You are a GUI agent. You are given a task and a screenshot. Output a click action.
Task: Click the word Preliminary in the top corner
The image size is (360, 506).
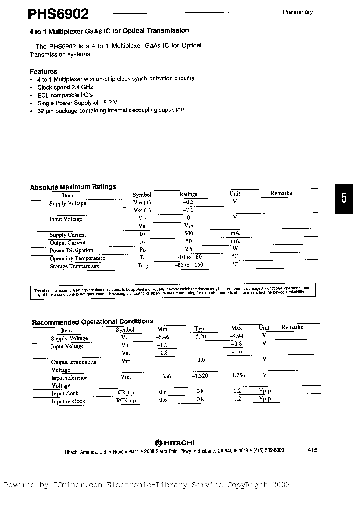pyautogui.click(x=298, y=12)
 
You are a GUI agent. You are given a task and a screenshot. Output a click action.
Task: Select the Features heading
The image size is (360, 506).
pyautogui.click(x=43, y=71)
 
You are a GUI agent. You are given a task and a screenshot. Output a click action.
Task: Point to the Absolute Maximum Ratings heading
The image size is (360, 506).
pyautogui.click(x=73, y=187)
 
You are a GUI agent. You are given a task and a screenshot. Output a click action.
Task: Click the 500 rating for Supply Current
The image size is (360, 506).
pyautogui.click(x=189, y=234)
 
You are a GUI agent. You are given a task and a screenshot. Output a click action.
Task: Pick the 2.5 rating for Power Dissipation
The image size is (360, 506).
pyautogui.click(x=188, y=249)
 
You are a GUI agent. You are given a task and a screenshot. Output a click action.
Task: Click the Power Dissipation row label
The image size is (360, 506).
pyautogui.click(x=71, y=250)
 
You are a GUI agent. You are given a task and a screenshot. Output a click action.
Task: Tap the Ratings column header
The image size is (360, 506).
pyautogui.click(x=188, y=194)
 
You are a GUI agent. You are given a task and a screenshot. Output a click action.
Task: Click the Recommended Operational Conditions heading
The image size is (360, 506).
pyautogui.click(x=92, y=322)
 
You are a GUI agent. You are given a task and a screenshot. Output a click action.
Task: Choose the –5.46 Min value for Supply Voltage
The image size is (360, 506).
pyautogui.click(x=163, y=337)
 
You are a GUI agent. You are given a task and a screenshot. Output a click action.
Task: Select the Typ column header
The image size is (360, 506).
pyautogui.click(x=199, y=329)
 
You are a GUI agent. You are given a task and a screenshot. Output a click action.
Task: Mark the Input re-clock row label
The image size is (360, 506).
pyautogui.click(x=68, y=401)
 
